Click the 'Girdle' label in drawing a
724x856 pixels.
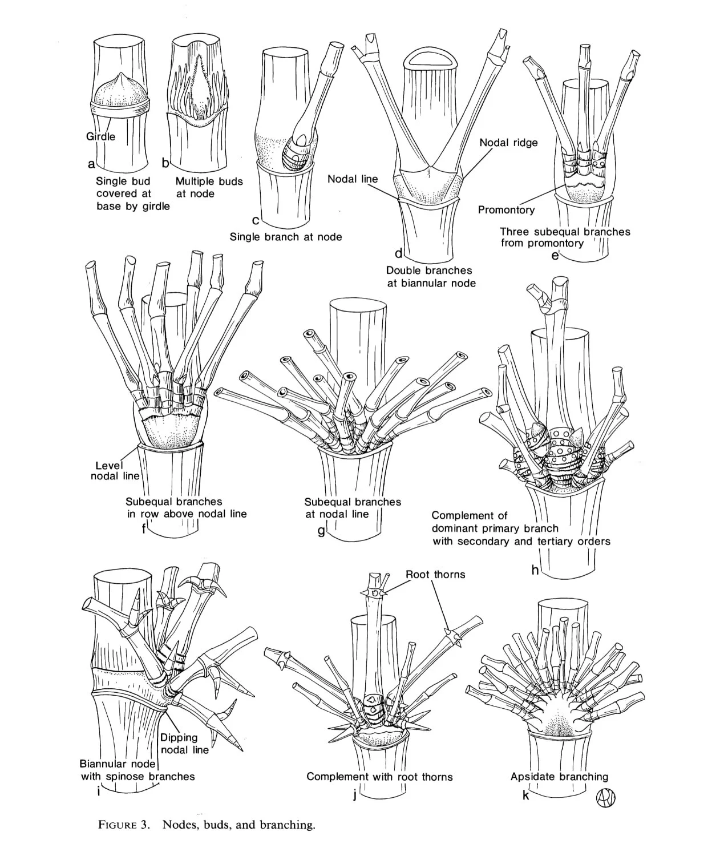(100, 136)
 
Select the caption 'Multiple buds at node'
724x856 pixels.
(208, 187)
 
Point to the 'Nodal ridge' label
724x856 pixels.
(508, 143)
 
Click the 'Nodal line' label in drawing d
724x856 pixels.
(352, 179)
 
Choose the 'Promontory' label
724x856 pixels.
(506, 210)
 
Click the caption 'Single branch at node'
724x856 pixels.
(285, 236)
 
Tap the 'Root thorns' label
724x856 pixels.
(435, 575)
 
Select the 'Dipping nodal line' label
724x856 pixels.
(184, 744)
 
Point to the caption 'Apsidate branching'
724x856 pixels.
(559, 777)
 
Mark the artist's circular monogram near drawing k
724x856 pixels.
(605, 797)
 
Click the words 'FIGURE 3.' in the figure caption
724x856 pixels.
(124, 825)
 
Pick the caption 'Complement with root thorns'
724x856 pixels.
(379, 777)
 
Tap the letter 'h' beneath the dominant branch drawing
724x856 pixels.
(535, 570)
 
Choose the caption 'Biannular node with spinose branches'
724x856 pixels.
(137, 770)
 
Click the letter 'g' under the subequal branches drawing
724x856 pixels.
(321, 531)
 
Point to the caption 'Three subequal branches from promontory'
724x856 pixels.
(564, 237)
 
